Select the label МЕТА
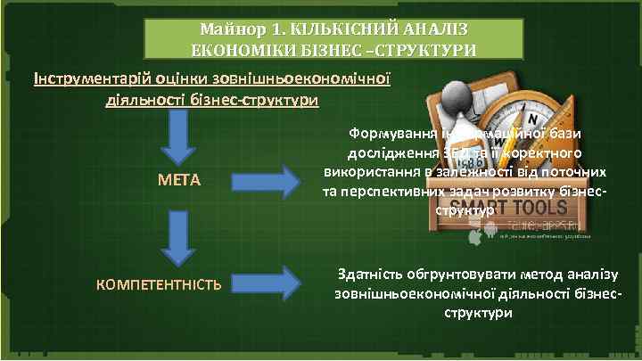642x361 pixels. point(179,181)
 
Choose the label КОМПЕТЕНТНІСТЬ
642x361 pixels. point(159,285)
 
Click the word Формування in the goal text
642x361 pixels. point(391,134)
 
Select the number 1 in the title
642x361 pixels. point(264,29)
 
